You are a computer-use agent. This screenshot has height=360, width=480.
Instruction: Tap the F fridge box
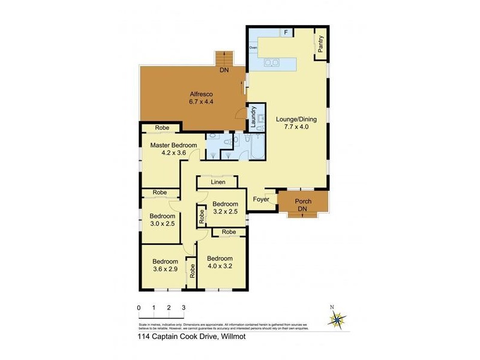[x=286, y=32]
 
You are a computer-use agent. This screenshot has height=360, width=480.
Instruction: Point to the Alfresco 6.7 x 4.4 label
[x=201, y=98]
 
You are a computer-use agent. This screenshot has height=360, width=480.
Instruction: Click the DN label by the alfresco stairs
[x=224, y=71]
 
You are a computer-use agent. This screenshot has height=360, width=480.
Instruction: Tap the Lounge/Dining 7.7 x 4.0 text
[x=296, y=123]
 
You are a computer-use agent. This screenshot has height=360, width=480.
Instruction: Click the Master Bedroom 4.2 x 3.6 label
[x=173, y=149]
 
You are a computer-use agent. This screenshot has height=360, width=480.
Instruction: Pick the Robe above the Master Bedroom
[x=162, y=128]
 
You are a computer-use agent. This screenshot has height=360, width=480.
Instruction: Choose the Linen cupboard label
[x=218, y=181]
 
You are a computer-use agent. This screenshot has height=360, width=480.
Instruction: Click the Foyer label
[x=261, y=199]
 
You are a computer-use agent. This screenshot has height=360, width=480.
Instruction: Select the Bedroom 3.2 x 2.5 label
[x=225, y=207]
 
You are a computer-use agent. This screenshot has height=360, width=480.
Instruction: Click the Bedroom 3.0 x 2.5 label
[x=162, y=220]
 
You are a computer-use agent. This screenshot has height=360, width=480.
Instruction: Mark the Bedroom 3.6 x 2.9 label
[x=164, y=266]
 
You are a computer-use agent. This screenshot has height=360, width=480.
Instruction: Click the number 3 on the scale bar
[x=184, y=307]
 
